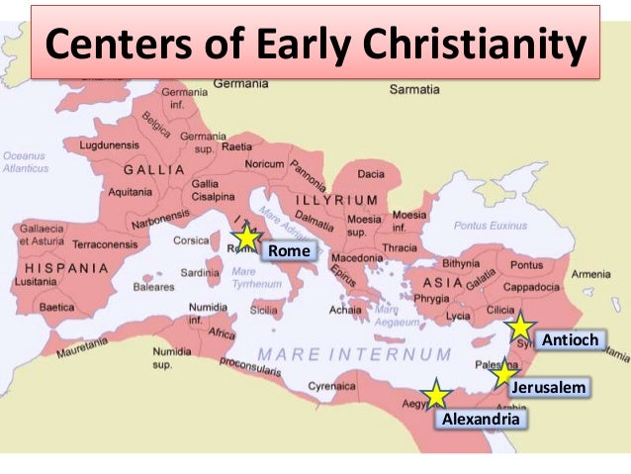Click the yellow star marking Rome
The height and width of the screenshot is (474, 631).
pos(246,237)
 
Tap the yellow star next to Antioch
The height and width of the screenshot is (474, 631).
pos(519,327)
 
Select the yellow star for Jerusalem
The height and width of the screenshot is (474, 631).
pos(504,373)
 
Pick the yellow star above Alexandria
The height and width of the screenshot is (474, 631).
pos(436,395)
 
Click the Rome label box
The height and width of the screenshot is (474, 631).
pos(290,251)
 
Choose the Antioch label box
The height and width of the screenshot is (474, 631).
pos(570,340)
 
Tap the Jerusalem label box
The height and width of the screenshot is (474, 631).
pos(547,387)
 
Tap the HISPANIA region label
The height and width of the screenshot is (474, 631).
pos(66,268)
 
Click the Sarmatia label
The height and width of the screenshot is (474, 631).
pos(416,89)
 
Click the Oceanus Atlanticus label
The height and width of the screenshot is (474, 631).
pos(24,161)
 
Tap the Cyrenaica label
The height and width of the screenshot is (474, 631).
pos(332,386)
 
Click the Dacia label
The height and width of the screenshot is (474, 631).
pos(371,174)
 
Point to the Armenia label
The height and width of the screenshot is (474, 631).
pos(591,274)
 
